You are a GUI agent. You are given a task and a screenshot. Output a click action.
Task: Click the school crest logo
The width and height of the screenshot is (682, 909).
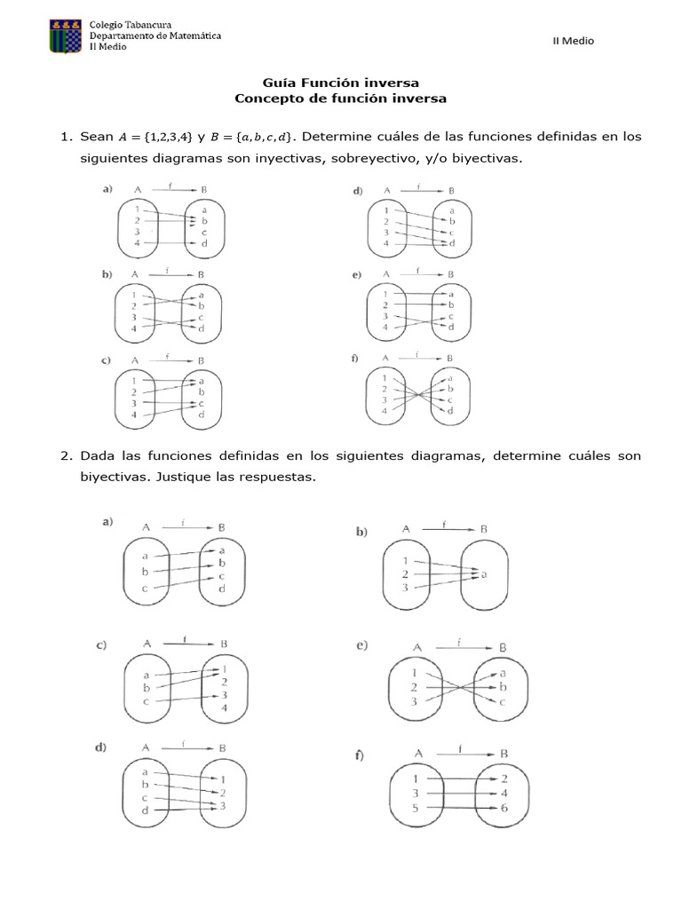(x=66, y=36)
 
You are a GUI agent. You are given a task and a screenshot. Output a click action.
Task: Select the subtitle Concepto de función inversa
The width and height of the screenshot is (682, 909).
(x=340, y=99)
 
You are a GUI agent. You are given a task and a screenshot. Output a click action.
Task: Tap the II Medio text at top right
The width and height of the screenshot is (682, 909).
(x=574, y=40)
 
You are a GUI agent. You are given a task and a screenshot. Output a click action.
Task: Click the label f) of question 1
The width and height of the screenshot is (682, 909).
(x=355, y=360)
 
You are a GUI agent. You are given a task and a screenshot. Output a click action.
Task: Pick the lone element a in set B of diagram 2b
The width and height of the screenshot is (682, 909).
(x=485, y=574)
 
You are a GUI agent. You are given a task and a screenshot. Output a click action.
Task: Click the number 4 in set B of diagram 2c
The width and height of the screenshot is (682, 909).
(x=225, y=708)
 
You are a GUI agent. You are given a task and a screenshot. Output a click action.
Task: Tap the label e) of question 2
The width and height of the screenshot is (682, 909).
(x=362, y=646)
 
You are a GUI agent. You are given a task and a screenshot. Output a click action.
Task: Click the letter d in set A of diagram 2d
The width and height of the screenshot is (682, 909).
(x=144, y=810)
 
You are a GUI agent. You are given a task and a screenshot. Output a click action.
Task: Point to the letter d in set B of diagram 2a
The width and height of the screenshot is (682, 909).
(x=222, y=589)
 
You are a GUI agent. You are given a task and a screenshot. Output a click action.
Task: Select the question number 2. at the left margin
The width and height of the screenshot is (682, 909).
(x=66, y=456)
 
